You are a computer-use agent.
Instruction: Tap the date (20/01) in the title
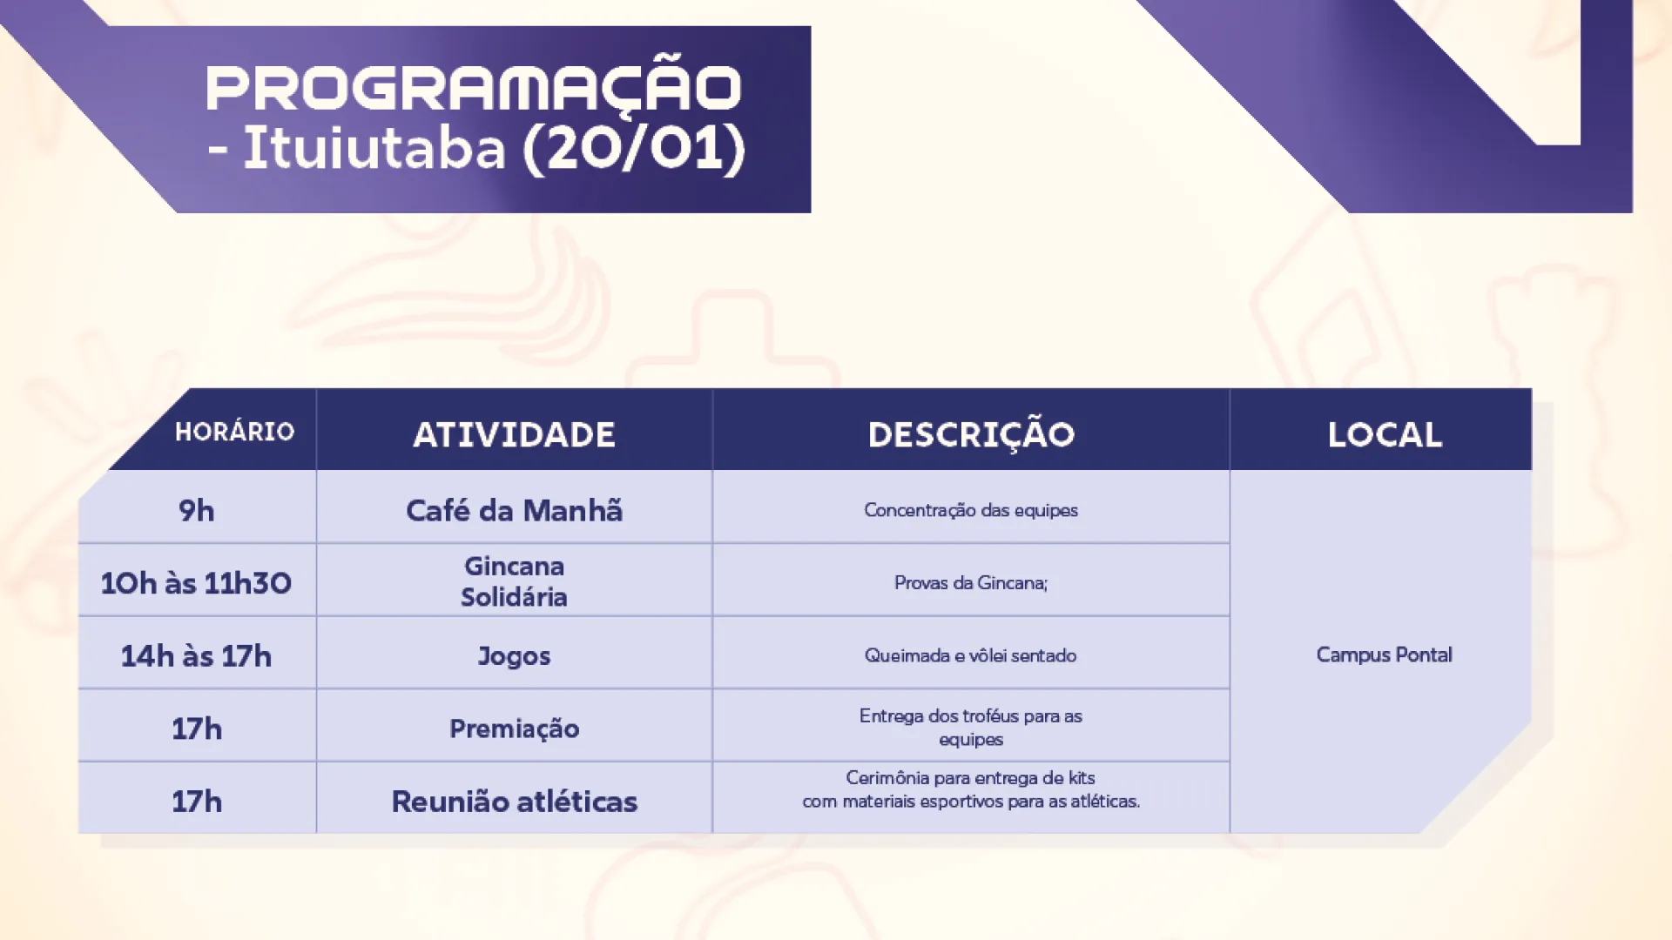tap(634, 148)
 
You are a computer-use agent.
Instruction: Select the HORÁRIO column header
tap(234, 432)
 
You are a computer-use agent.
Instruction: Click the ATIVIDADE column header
tap(514, 434)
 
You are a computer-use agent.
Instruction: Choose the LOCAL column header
tap(1385, 434)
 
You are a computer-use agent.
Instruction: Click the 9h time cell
tap(197, 511)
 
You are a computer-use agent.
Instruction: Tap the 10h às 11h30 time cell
tap(196, 582)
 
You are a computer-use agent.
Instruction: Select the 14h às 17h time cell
tap(196, 655)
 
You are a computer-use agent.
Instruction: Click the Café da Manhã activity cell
tap(514, 510)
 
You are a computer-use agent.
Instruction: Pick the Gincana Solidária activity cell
tap(514, 581)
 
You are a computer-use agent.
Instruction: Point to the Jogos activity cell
tap(514, 656)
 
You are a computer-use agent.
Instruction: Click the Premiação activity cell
tap(514, 728)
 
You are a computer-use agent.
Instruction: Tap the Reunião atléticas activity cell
tap(514, 801)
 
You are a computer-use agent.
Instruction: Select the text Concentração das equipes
tap(971, 510)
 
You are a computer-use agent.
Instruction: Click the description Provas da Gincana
tap(971, 582)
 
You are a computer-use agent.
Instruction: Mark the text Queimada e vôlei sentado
tap(971, 655)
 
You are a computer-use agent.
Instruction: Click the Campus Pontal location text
tap(1384, 655)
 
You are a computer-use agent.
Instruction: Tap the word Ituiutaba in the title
tap(374, 147)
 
